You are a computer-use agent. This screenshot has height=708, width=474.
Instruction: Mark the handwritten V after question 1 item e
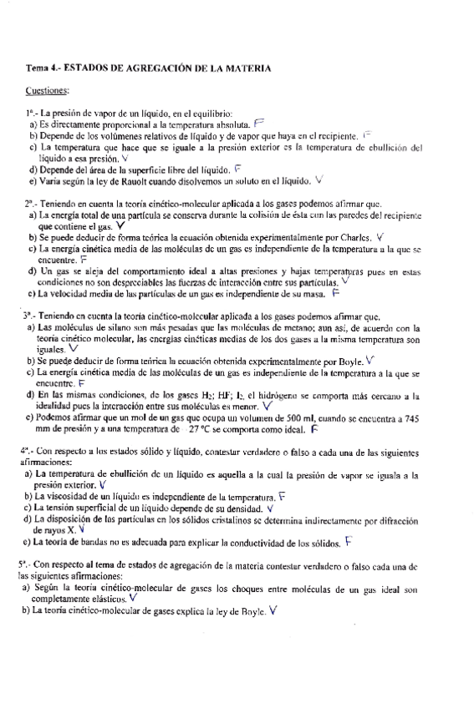click(x=320, y=179)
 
